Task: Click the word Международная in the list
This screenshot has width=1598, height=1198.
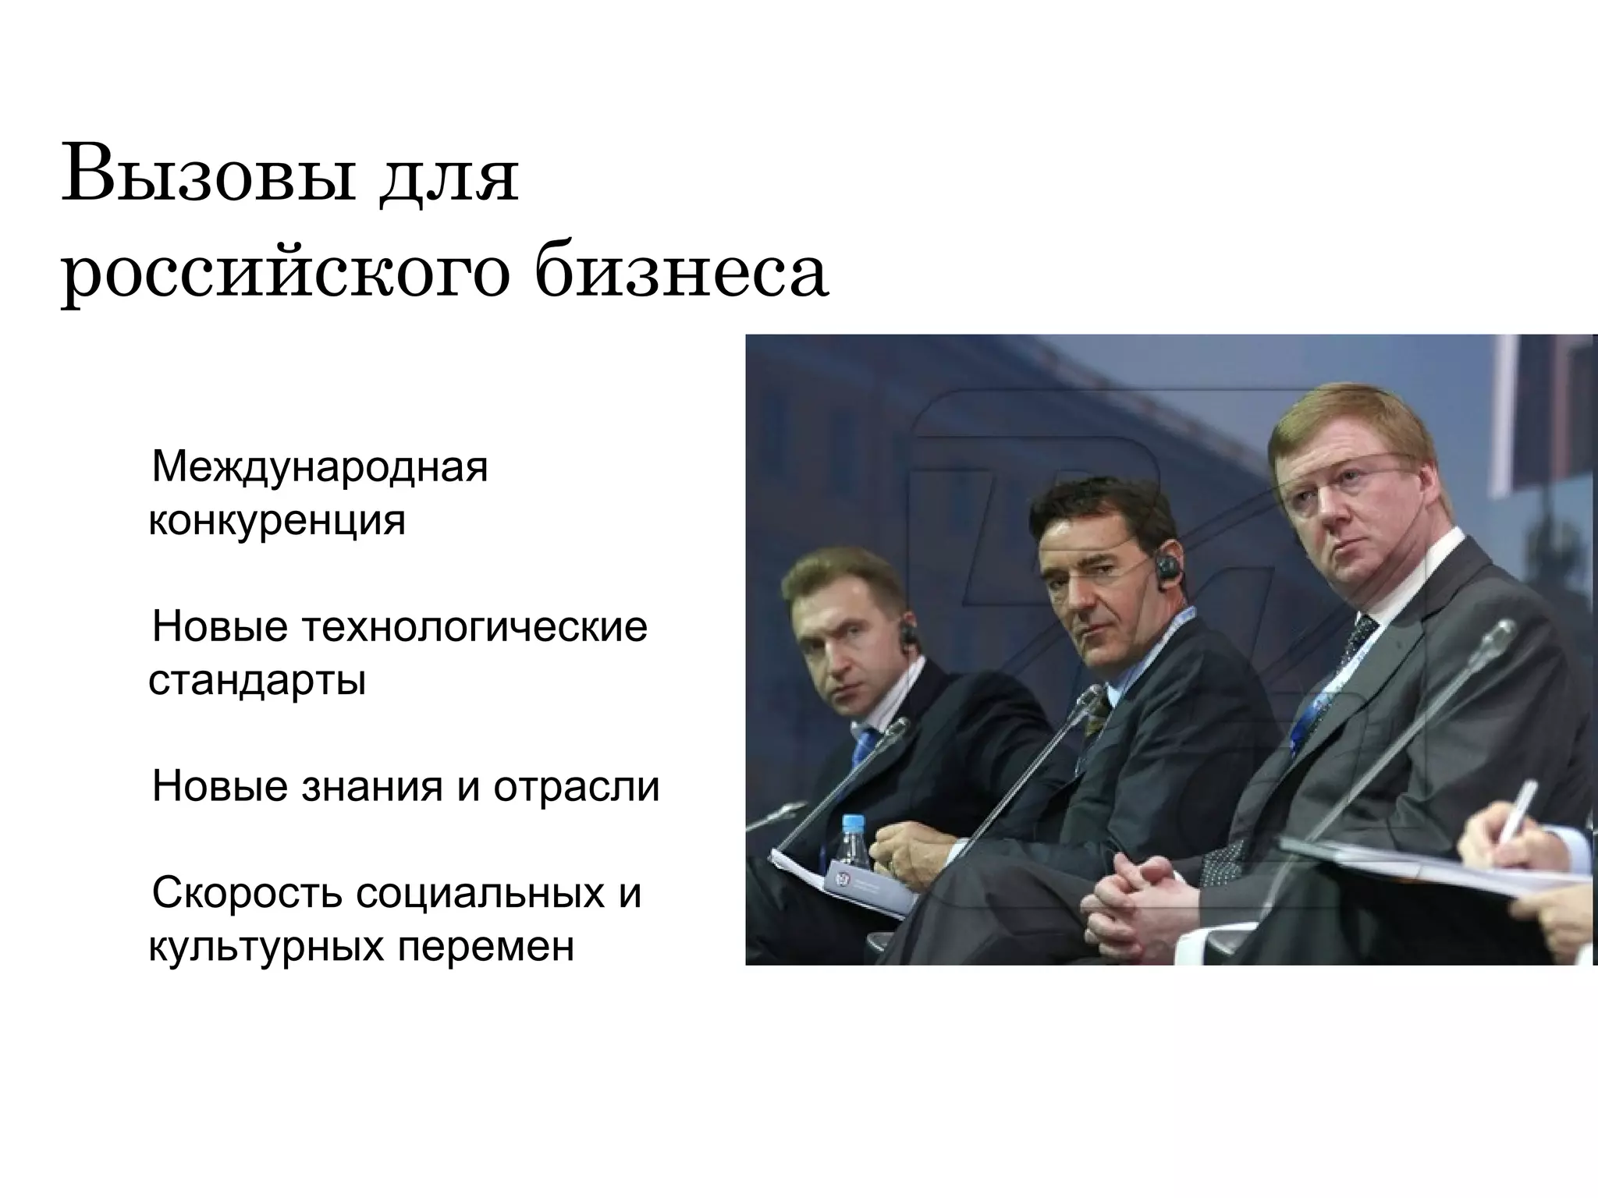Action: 320,467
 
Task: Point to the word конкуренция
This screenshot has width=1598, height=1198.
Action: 277,520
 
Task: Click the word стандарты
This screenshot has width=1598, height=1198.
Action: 257,680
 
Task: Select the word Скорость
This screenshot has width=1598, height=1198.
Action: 247,893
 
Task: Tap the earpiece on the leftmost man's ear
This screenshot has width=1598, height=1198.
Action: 907,634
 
